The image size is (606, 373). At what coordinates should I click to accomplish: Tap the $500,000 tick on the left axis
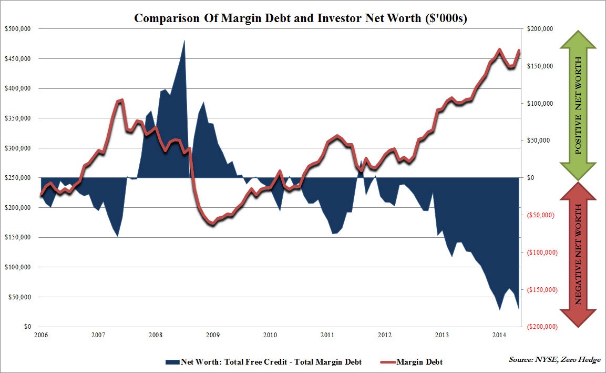point(17,29)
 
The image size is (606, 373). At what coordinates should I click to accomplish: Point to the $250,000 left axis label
point(17,178)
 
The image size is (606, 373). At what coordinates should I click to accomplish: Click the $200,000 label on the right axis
point(541,29)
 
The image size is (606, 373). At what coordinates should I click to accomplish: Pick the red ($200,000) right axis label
point(541,327)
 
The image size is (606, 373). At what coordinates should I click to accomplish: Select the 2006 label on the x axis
point(41,335)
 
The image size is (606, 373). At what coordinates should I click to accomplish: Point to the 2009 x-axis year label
point(212,335)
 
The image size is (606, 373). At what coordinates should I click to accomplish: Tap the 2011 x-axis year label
point(327,335)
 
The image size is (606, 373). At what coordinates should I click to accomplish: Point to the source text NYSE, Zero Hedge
point(554,359)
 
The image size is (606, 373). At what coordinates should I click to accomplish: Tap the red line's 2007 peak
point(121,100)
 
